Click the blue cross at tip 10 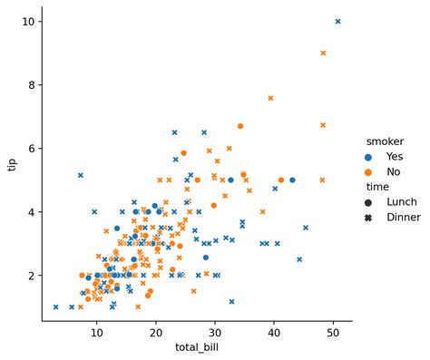[338, 21]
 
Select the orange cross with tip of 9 [323, 54]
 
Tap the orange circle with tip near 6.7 [240, 126]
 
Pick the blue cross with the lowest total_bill [55, 306]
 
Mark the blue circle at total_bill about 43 [292, 180]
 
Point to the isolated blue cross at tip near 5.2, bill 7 [81, 175]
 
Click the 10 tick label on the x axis [96, 334]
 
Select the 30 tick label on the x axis [215, 334]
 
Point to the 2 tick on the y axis [30, 276]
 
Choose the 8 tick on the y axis [30, 85]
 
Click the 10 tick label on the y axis [27, 21]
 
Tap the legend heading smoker [385, 141]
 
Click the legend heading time [377, 186]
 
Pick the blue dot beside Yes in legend [369, 156]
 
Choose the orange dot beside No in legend [369, 170]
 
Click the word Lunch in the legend [403, 201]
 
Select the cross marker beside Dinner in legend [369, 217]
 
